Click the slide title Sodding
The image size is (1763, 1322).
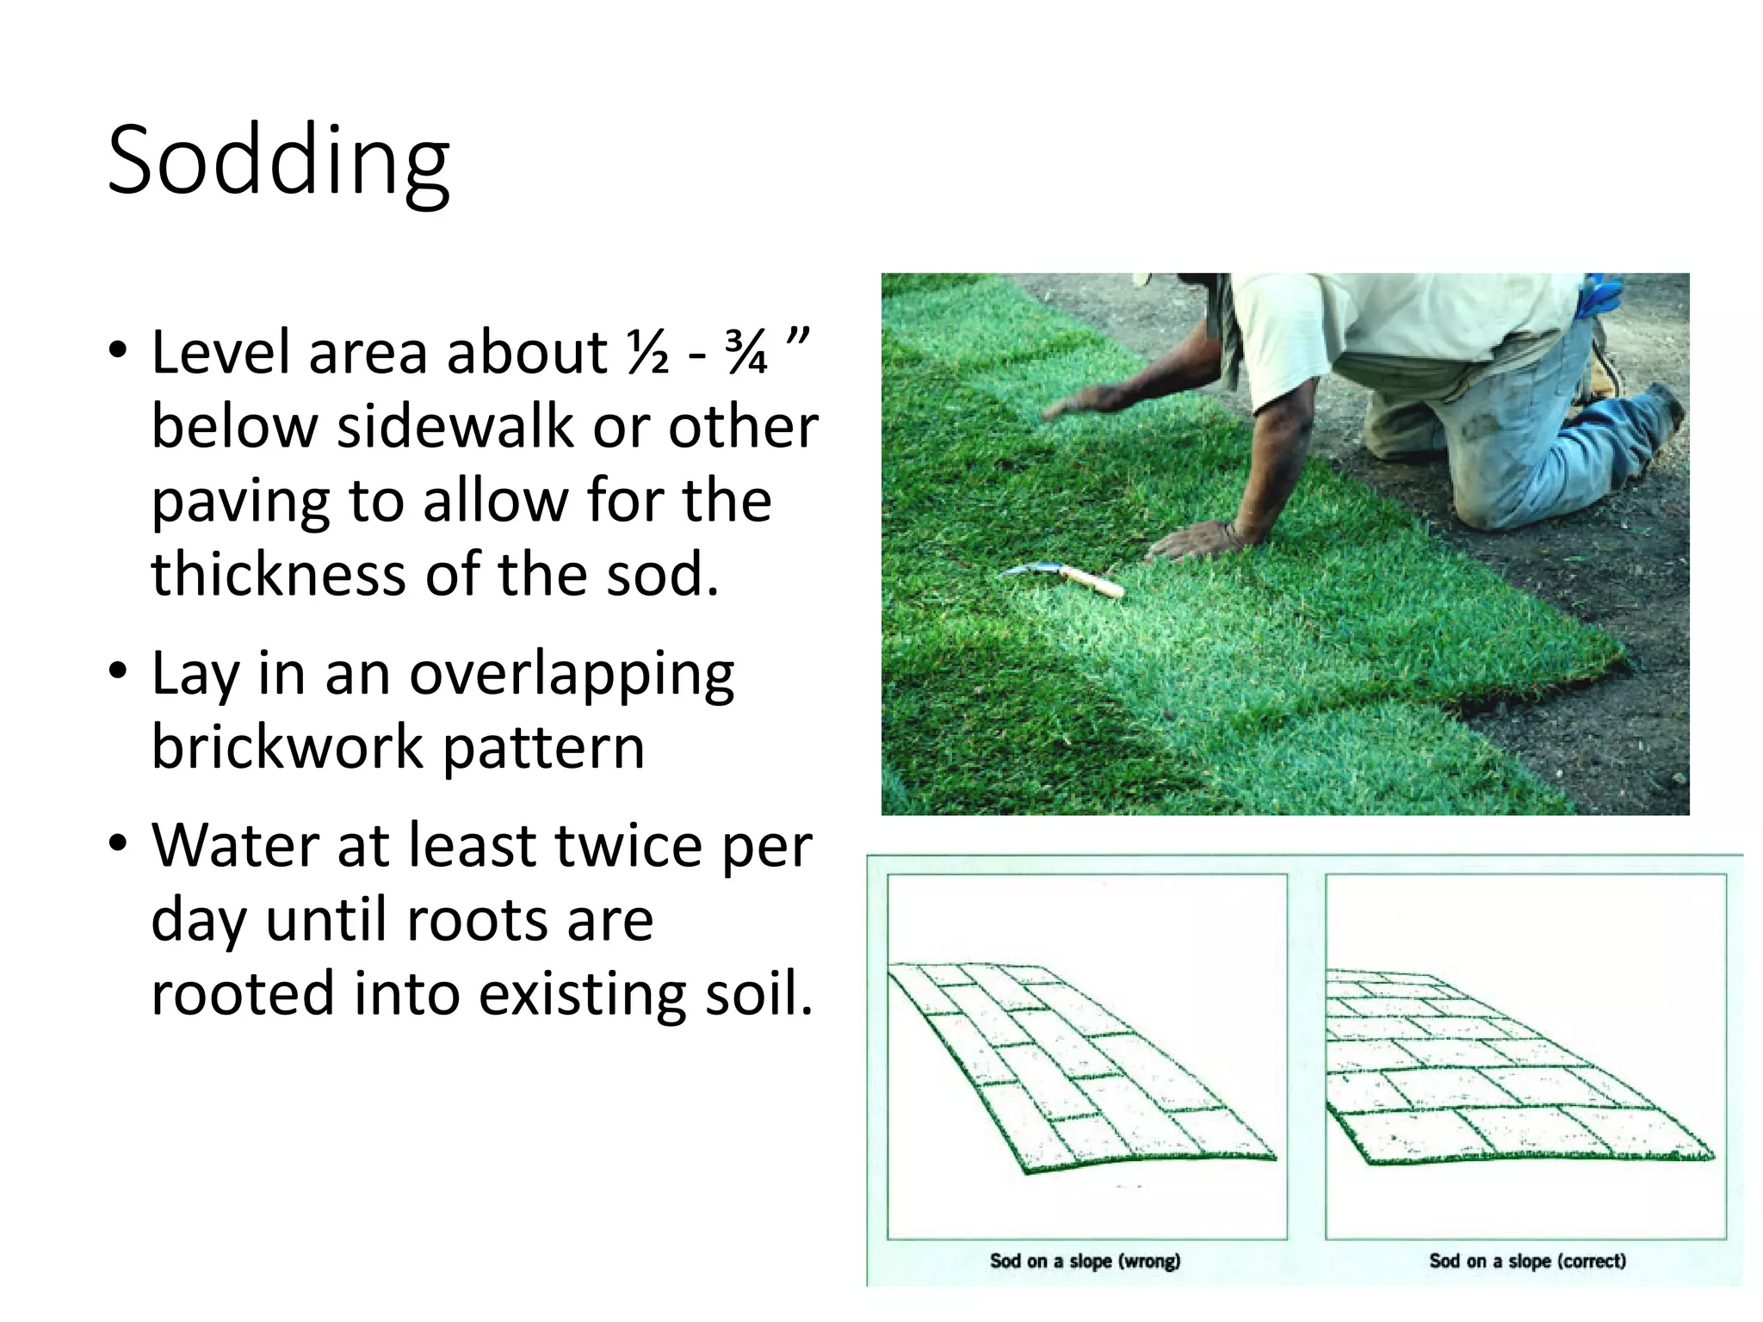tap(278, 162)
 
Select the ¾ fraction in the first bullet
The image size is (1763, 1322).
tap(745, 353)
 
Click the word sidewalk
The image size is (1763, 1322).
tap(455, 427)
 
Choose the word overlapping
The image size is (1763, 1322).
tap(572, 674)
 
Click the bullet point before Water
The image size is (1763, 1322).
tap(118, 844)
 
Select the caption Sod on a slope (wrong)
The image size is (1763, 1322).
tap(1085, 1261)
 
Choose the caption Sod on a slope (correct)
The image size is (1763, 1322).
tap(1527, 1261)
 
